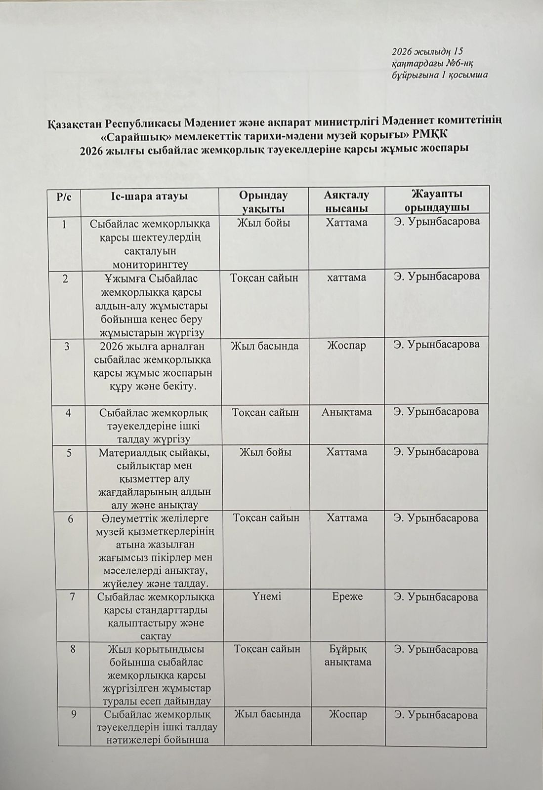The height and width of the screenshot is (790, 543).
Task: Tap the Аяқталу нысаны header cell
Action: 346,201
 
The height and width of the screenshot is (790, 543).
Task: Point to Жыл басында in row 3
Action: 265,345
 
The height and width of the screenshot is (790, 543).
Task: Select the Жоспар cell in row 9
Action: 347,714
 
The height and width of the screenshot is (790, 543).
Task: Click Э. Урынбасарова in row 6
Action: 436,518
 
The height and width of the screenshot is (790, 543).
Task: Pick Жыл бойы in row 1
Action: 263,223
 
